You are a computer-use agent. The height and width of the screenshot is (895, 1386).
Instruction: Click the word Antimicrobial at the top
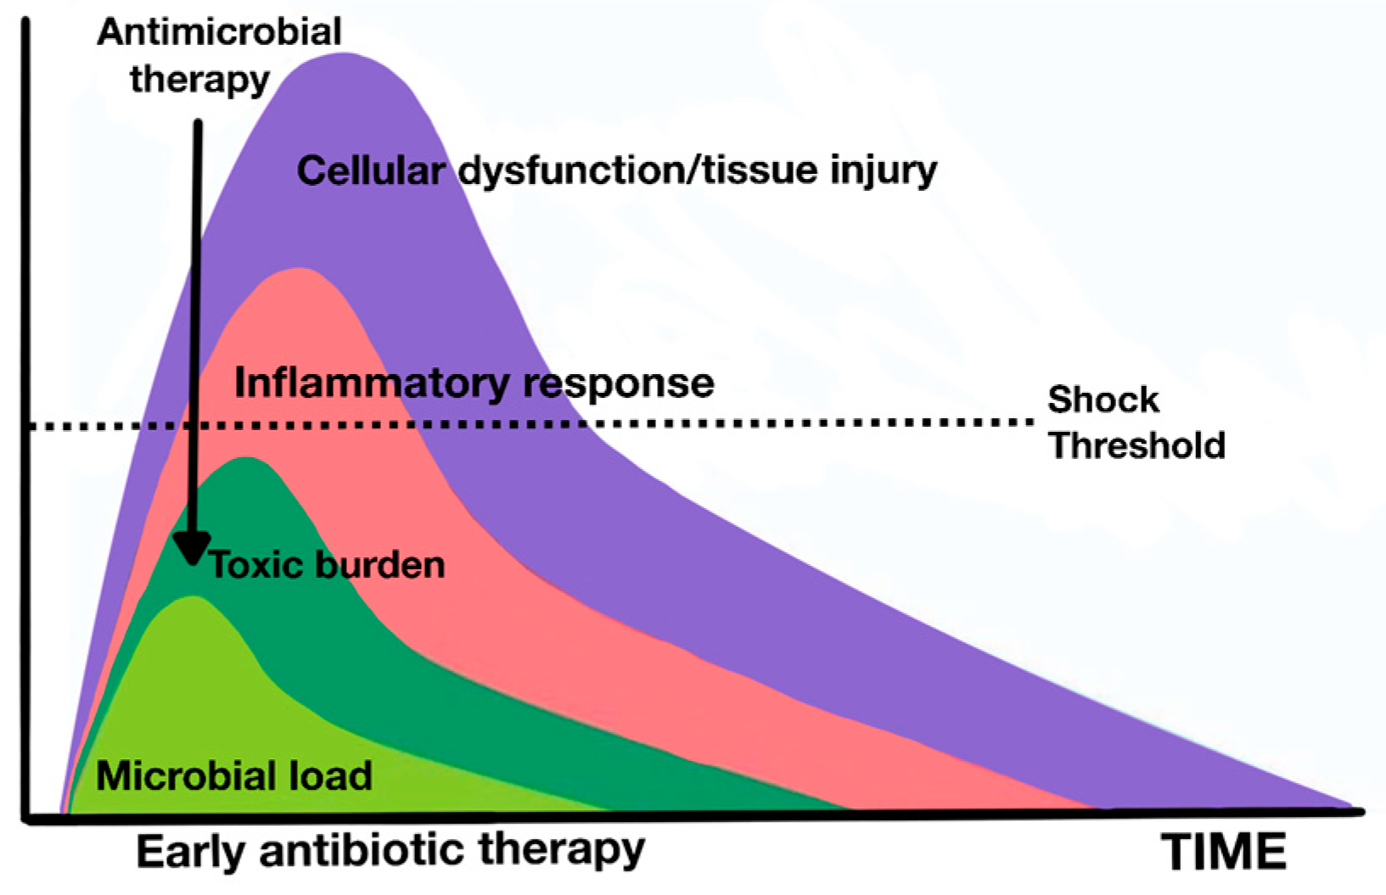(219, 32)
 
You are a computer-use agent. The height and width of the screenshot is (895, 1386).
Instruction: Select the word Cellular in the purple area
(370, 171)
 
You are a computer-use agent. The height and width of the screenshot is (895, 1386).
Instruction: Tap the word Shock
(1103, 399)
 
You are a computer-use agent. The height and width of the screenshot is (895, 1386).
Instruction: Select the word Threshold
(1137, 445)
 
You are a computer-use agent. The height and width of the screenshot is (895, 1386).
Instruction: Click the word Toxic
(256, 564)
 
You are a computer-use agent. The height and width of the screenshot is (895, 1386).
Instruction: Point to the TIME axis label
(1223, 851)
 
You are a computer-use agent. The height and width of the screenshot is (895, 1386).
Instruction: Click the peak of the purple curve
(344, 54)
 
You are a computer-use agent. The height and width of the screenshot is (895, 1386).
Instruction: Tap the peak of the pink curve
(298, 270)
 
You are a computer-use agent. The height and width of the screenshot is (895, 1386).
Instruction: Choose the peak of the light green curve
(194, 598)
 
